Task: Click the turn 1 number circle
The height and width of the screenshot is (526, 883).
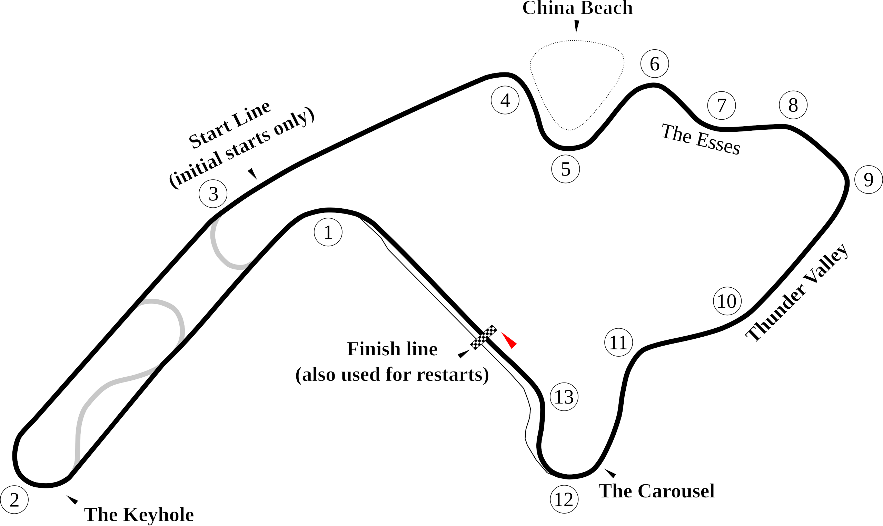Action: (328, 232)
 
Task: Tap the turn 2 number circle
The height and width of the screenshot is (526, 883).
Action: (14, 500)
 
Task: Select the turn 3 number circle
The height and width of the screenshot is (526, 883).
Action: (213, 194)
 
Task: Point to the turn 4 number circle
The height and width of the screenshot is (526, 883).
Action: (505, 100)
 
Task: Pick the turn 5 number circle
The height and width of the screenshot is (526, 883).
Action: (566, 169)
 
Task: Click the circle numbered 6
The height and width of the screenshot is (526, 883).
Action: (654, 64)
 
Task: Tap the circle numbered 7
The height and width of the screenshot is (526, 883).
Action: (721, 105)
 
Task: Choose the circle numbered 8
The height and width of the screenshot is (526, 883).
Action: (793, 105)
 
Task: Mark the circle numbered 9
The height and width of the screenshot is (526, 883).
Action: (868, 180)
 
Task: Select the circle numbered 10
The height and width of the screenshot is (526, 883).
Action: (727, 301)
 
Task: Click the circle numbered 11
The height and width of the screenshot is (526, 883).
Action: (618, 343)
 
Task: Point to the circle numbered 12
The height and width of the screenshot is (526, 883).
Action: (564, 500)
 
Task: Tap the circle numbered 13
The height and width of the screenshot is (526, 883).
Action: (564, 397)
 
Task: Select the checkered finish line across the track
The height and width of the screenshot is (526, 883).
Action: (483, 337)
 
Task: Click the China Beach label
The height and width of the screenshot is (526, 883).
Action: (577, 8)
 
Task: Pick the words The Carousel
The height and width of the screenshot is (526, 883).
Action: (656, 491)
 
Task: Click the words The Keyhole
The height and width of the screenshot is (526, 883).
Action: (139, 515)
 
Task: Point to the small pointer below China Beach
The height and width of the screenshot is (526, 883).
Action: (576, 27)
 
